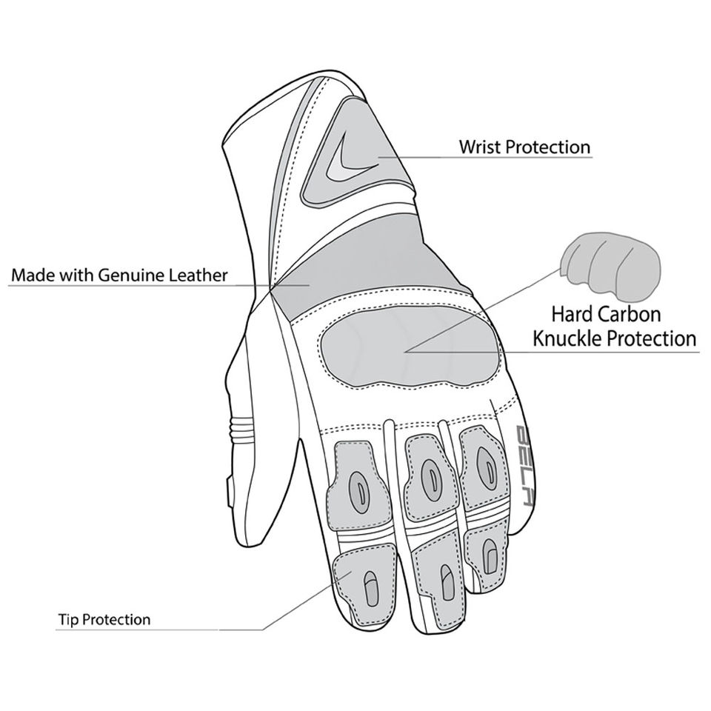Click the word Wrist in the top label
click(480, 147)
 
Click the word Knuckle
click(572, 339)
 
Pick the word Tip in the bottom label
click(66, 619)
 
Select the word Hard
click(570, 315)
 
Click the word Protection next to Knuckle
click(652, 339)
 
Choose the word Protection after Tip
click(116, 619)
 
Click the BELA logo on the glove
click(524, 464)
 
